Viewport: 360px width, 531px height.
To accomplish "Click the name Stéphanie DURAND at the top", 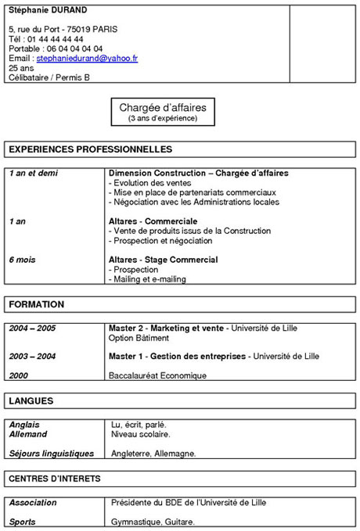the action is [48, 10].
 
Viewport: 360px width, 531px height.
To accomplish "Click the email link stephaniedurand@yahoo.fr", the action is [87, 59].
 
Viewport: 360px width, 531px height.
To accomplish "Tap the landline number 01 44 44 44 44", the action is [56, 38].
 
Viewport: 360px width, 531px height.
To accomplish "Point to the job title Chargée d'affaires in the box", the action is [163, 107].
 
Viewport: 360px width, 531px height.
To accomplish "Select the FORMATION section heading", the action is [37, 304].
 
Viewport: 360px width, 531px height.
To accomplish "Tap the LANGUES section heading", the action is [31, 401].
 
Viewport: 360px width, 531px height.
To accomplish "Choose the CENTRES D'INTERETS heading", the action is [55, 478].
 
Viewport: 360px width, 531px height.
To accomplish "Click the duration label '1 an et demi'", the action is [34, 173].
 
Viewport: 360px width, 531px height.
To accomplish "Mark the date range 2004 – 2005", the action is [33, 328].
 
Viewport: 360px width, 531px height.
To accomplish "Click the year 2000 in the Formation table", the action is [19, 375].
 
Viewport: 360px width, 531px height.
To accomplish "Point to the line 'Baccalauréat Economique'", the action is [157, 375].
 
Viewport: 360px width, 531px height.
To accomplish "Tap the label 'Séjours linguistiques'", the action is [52, 454].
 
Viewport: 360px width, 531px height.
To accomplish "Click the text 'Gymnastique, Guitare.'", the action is [153, 522].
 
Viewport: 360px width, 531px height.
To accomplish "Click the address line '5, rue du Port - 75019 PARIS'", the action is [63, 29].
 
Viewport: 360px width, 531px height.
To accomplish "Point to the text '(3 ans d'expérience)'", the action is [163, 119].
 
